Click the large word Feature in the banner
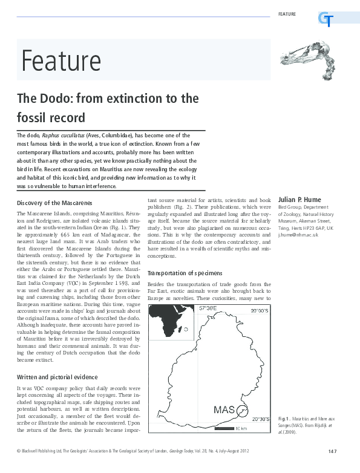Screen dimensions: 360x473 tap(61, 60)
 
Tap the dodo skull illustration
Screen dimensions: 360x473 tap(307, 59)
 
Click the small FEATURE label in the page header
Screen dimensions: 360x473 tap(287, 13)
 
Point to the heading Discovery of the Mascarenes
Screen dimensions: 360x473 tap(56, 203)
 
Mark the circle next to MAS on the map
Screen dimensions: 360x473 tap(242, 412)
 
